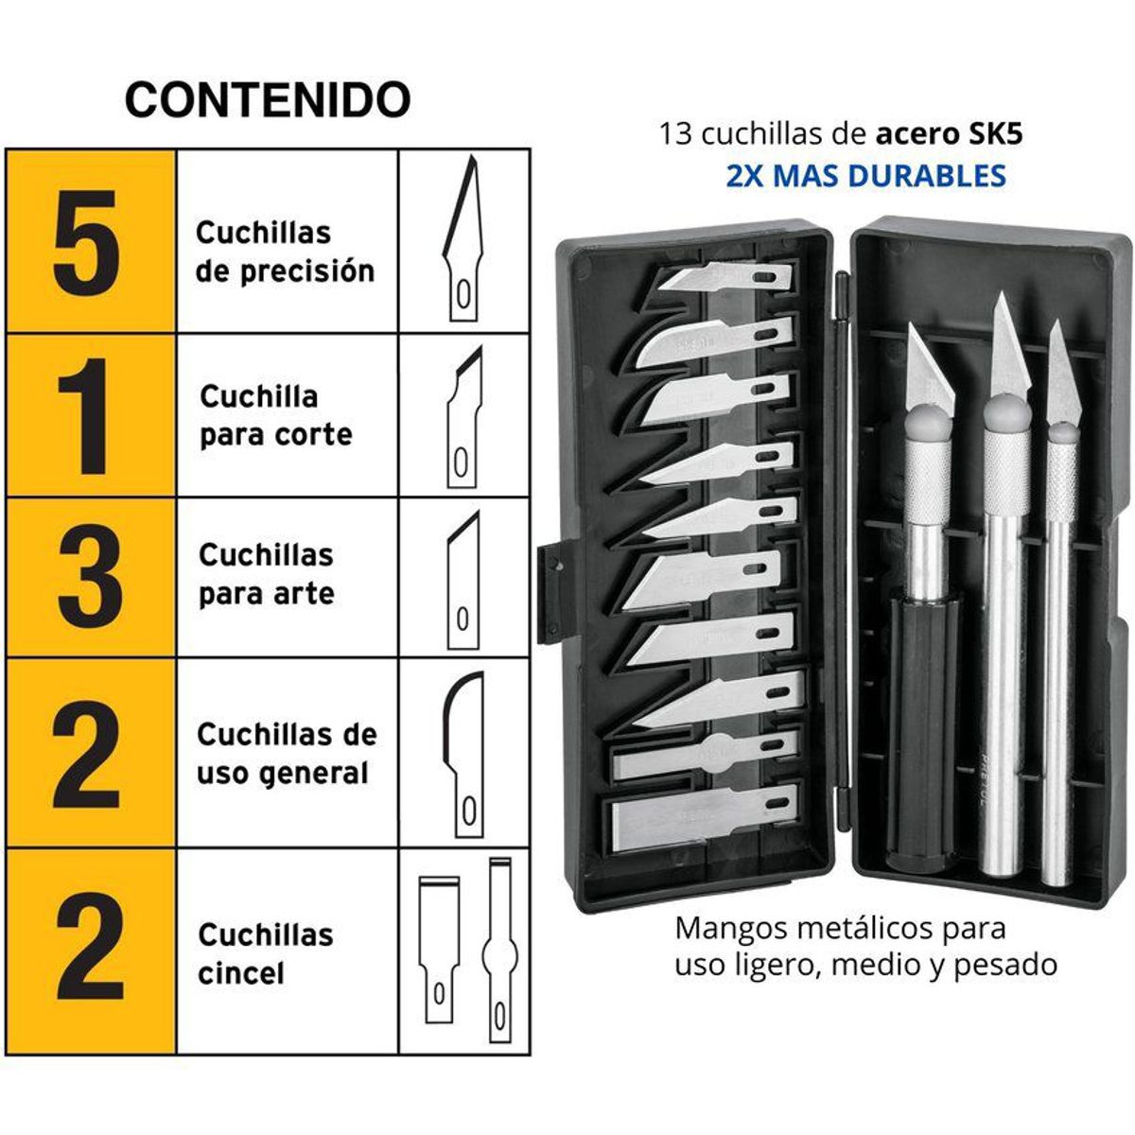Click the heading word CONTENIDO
click(x=268, y=99)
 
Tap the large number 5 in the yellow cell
click(x=87, y=241)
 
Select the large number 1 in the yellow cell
click(x=87, y=416)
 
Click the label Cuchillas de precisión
click(x=285, y=253)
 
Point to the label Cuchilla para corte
click(x=275, y=416)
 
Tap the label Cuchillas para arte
click(x=266, y=574)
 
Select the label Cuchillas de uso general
click(x=287, y=754)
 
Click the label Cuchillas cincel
click(x=265, y=953)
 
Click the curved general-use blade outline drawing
click(x=463, y=752)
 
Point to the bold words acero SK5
click(x=949, y=134)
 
